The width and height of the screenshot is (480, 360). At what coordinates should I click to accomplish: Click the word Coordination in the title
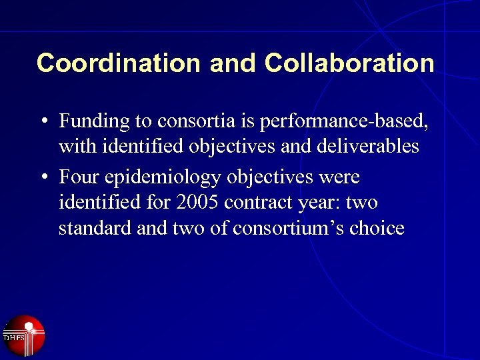click(x=119, y=63)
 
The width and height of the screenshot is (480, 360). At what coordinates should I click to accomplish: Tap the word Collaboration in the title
click(x=349, y=63)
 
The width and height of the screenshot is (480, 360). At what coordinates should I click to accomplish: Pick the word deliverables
click(x=366, y=146)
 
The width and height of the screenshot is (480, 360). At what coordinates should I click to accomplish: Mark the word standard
click(x=95, y=228)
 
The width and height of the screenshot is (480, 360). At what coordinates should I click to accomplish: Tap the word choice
click(x=377, y=228)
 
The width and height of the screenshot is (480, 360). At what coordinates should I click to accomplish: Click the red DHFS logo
click(x=23, y=335)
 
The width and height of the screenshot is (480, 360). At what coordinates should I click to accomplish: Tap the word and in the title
click(x=233, y=63)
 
